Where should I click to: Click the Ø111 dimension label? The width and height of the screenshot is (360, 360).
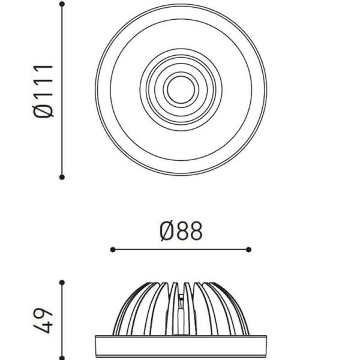44,91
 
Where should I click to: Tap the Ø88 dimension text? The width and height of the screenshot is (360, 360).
181,231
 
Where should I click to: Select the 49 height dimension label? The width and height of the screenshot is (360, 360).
44,321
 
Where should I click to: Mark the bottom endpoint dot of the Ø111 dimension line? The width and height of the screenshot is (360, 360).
62,176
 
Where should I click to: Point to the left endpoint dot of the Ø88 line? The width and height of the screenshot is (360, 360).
112,249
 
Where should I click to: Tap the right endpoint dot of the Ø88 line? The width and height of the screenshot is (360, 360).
249,249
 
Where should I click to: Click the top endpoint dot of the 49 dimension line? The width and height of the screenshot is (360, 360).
62,281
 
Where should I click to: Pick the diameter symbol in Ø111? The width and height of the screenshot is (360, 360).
44,110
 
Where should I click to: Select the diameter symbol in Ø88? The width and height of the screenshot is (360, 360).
167,231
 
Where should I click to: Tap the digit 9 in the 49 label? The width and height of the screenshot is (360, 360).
45,314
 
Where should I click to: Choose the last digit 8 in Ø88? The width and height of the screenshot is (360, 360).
195,231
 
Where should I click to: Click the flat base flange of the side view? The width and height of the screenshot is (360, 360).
180,346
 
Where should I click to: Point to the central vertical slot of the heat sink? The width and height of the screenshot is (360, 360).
181,309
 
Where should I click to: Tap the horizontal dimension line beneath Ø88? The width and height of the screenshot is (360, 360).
180,249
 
